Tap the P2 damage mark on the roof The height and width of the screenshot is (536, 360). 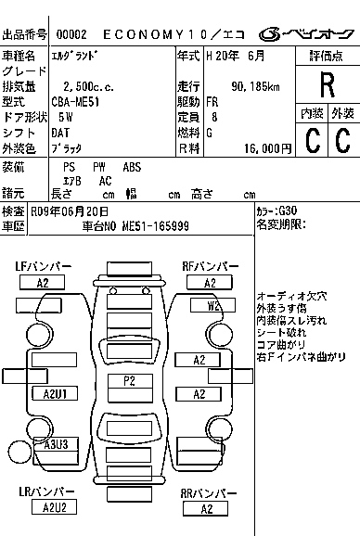point(129,380)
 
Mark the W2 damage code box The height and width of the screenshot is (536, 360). point(214,304)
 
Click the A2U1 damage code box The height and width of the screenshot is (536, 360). point(55,394)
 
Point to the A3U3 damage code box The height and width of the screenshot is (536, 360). point(56,444)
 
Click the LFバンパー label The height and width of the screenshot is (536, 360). point(43,266)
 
